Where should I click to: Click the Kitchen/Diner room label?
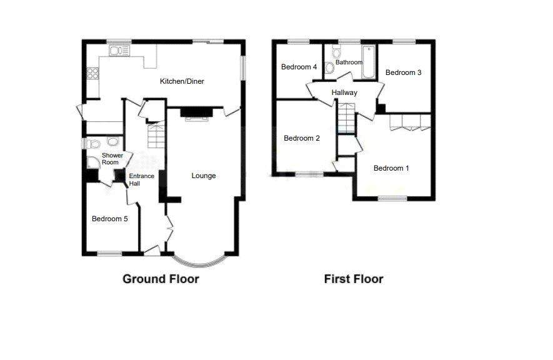(x=182, y=81)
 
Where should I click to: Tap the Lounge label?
(x=204, y=176)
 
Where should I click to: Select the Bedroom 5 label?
(x=110, y=219)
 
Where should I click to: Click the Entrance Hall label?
(x=141, y=180)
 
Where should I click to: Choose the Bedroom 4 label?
(x=299, y=67)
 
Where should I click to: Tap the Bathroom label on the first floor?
(x=349, y=62)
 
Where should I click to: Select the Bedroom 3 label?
(x=403, y=72)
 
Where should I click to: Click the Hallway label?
(x=344, y=92)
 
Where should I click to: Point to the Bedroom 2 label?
(x=302, y=138)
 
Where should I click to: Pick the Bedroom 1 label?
(x=391, y=168)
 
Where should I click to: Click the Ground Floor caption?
(x=161, y=279)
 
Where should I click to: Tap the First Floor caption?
(x=354, y=279)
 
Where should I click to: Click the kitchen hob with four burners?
(x=92, y=73)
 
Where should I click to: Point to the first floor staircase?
(x=346, y=119)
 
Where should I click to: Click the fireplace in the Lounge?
(x=197, y=113)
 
